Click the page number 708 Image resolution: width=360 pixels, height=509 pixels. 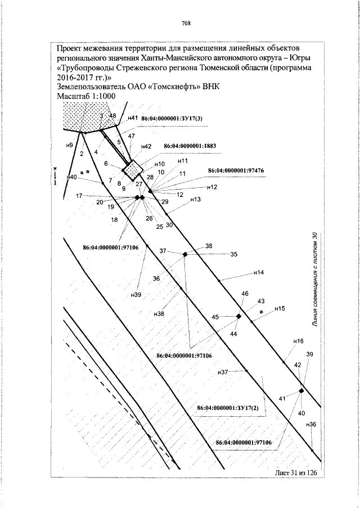186,23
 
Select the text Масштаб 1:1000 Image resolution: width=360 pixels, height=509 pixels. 86,96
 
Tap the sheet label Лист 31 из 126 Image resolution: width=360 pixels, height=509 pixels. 296,472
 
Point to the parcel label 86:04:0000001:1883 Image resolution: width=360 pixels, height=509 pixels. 190,146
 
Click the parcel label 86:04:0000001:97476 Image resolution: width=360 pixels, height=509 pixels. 236,170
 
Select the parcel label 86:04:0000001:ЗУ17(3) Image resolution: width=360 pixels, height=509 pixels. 172,119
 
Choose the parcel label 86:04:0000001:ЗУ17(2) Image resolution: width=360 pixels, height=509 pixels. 228,408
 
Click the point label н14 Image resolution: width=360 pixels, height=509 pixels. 259,273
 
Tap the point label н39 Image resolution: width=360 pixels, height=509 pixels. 136,295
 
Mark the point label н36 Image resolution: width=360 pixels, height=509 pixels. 310,424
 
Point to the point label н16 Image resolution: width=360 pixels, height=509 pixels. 298,341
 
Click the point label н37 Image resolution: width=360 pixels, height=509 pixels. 223,372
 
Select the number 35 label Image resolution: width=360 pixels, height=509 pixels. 234,254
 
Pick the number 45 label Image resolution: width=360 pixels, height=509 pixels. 215,317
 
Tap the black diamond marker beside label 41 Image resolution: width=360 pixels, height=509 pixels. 301,391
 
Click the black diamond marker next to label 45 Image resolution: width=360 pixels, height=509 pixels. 238,316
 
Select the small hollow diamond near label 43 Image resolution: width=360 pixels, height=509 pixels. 262,312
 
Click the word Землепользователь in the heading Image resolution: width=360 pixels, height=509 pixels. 91,87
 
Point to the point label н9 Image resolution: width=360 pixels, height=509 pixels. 69,146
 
